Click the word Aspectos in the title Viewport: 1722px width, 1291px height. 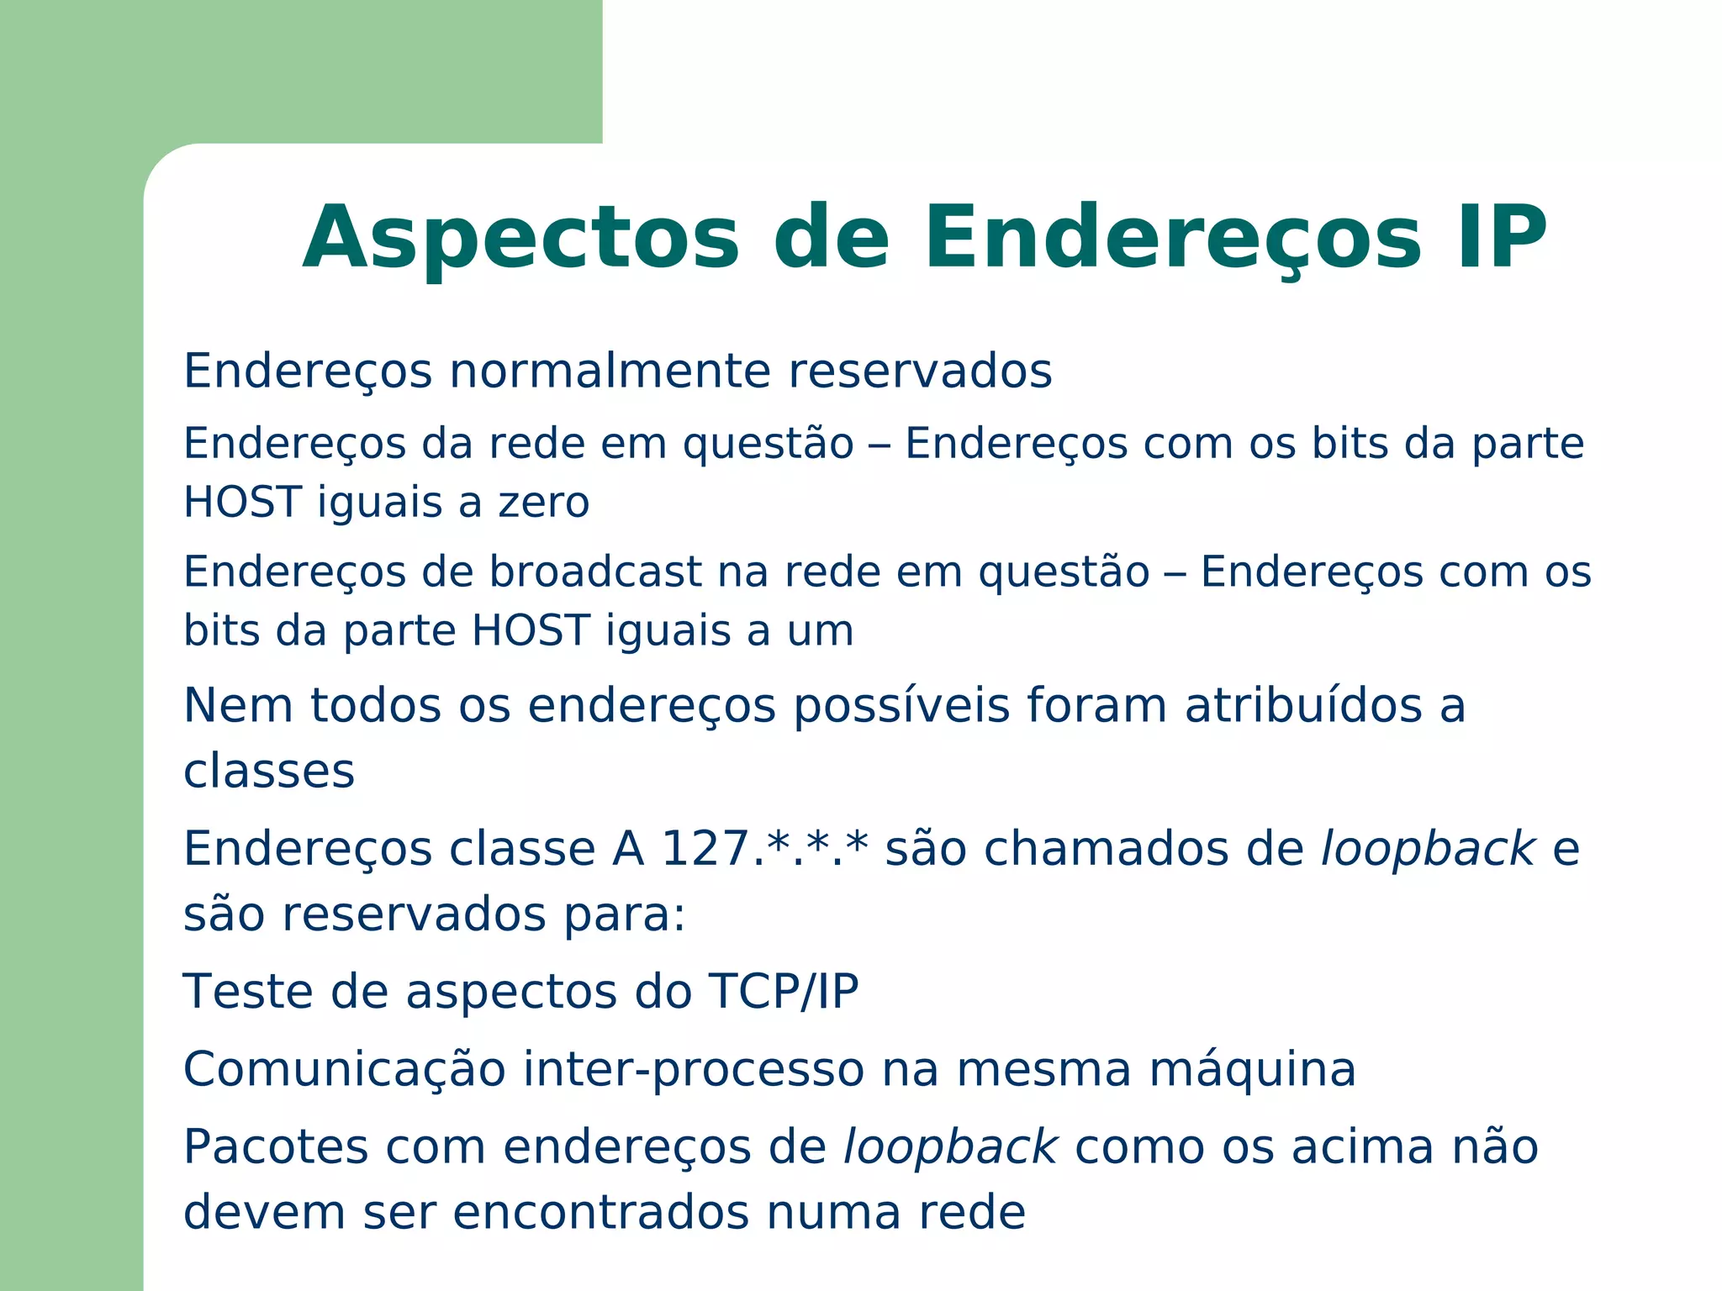click(x=520, y=240)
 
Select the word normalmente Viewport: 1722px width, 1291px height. click(x=610, y=371)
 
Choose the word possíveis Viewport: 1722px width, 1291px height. click(x=901, y=707)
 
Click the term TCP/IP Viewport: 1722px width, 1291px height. click(x=784, y=991)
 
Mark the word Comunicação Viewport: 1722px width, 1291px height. click(x=344, y=1071)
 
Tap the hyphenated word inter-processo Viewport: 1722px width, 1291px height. click(x=694, y=1071)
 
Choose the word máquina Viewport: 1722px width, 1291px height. click(x=1252, y=1071)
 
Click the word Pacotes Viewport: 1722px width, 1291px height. click(x=276, y=1146)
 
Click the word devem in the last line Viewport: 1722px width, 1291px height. click(x=264, y=1213)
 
